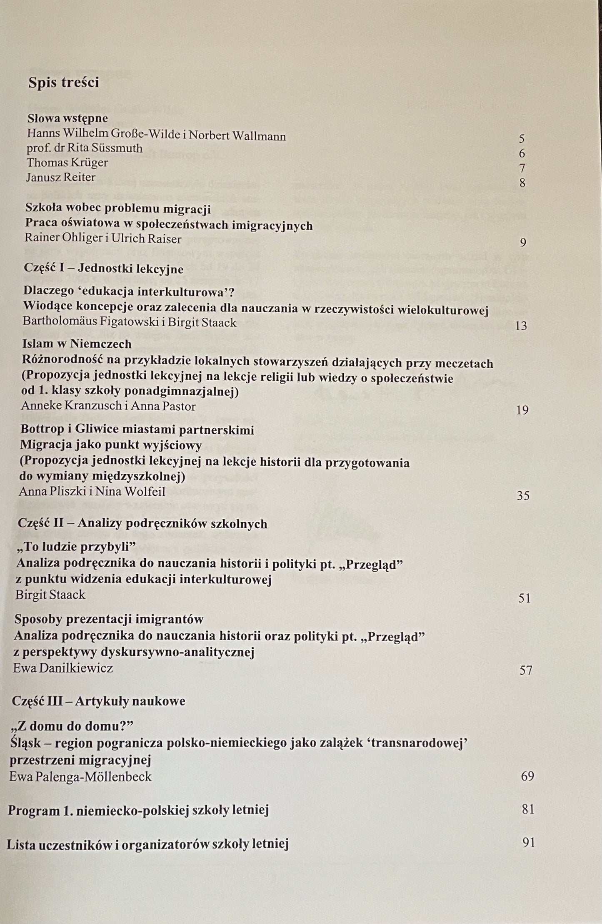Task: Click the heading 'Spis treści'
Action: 63,83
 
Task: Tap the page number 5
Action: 522,139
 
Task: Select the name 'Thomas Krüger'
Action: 67,163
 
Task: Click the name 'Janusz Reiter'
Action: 61,177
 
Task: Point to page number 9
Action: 523,242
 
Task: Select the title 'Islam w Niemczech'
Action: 77,344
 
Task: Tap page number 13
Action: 521,326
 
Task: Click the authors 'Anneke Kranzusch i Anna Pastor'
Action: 108,406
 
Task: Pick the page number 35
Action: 523,495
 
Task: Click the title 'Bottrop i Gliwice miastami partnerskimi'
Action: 137,429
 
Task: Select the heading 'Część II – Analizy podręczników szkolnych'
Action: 142,523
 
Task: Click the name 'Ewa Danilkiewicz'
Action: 63,668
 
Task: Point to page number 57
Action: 526,670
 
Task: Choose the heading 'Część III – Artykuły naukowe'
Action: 99,701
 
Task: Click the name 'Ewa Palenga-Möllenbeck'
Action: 81,776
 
